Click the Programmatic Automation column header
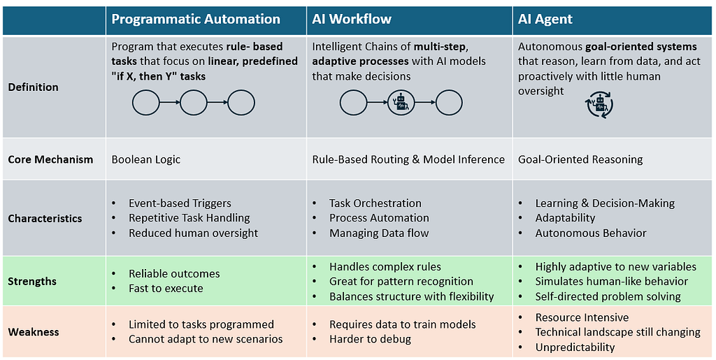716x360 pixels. (196, 20)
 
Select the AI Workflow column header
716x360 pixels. (352, 20)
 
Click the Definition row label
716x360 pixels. (34, 87)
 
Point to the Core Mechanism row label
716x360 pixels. (50, 159)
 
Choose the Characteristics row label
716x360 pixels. (45, 219)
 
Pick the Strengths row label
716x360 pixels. (32, 282)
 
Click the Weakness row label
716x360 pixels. (34, 332)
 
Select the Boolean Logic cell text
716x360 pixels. (146, 159)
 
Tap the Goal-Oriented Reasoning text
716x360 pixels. (580, 159)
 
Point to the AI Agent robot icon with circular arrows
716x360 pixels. (599, 105)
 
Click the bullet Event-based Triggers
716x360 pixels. (180, 203)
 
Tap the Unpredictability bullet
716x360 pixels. (575, 347)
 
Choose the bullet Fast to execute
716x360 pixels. (166, 289)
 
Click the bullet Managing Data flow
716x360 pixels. (379, 233)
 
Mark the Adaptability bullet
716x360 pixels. (565, 218)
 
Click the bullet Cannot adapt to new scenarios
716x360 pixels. (206, 339)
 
